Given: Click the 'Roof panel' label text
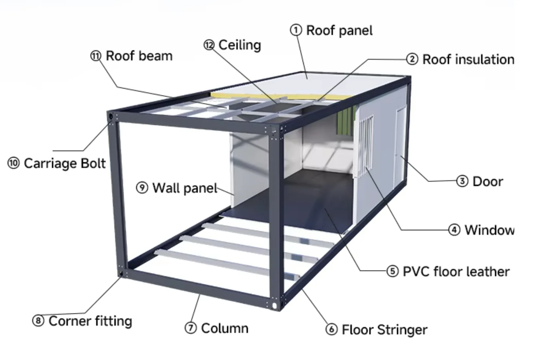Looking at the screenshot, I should click(x=339, y=30).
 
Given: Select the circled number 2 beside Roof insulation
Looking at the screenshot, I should click(x=412, y=59).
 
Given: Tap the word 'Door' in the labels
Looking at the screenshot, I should click(x=488, y=181).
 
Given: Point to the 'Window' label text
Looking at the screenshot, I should click(x=489, y=230).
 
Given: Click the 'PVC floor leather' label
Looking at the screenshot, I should click(x=456, y=271).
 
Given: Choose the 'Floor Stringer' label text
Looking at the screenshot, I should click(x=384, y=330).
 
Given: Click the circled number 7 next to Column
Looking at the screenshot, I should click(x=190, y=328).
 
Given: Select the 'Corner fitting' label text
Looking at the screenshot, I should click(x=90, y=321).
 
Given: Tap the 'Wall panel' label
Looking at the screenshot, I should click(x=185, y=188).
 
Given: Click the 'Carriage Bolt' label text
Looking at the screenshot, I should click(x=65, y=163).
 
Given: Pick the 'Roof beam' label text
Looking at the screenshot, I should click(x=139, y=56).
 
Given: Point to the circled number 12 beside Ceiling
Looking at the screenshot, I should click(x=209, y=45).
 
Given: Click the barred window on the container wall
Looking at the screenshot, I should click(x=366, y=145).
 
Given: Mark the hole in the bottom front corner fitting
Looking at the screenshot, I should click(x=275, y=305).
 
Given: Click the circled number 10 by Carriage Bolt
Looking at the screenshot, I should click(x=14, y=163).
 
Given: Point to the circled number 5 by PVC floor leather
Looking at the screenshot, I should click(x=392, y=271).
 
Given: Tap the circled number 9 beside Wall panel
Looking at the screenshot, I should click(x=142, y=188).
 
